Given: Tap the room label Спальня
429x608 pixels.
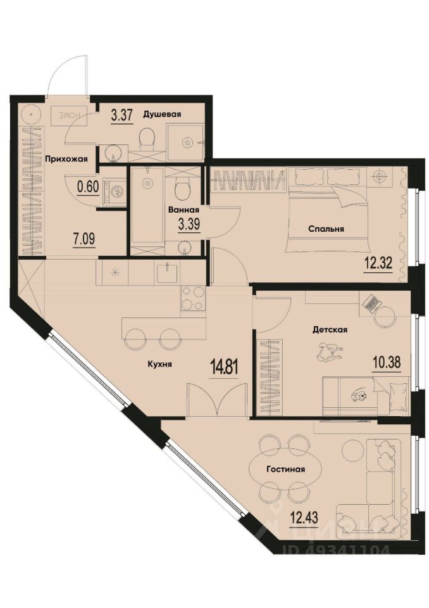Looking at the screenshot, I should click(x=326, y=229).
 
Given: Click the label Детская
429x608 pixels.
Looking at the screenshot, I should click(x=330, y=329).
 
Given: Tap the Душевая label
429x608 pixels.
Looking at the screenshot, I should click(x=163, y=114).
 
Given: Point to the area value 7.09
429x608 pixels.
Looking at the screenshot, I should click(x=84, y=239).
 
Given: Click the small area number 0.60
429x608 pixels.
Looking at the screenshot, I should click(x=87, y=187).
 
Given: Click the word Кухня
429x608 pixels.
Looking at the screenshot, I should click(x=161, y=364).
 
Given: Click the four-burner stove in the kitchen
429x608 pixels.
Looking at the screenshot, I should click(x=193, y=298).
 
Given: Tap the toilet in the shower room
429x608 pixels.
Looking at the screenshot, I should click(x=148, y=137).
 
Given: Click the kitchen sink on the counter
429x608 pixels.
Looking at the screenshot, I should click(x=168, y=272).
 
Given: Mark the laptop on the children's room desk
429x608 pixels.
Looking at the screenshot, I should click(x=371, y=303).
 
